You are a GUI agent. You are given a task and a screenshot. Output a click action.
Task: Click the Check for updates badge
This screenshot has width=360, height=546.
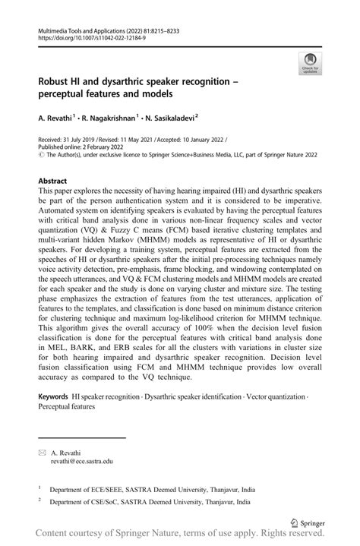[x=310, y=64]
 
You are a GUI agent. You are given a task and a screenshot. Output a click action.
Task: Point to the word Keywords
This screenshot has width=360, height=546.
[x=53, y=397]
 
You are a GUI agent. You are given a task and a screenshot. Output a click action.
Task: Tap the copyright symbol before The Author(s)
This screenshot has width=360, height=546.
[x=40, y=157]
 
